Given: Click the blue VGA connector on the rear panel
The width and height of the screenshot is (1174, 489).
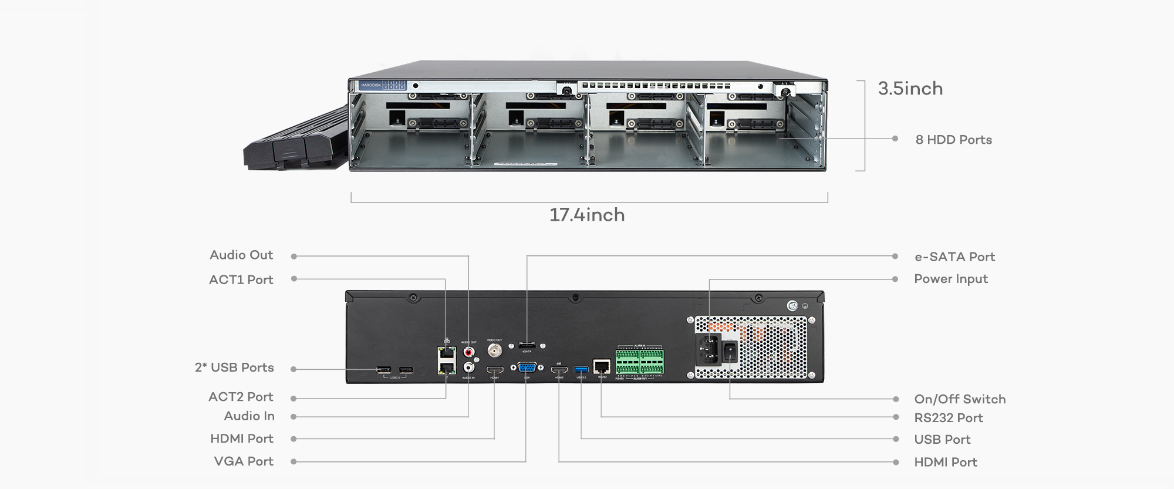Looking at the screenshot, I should tap(527, 368).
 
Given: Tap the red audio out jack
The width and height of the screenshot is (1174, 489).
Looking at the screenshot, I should tap(469, 352).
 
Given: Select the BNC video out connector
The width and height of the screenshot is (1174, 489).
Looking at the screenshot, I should tap(494, 351).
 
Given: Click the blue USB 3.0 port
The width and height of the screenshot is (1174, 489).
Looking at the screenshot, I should tap(581, 369).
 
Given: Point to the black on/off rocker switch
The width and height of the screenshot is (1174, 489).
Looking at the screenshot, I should tap(730, 352).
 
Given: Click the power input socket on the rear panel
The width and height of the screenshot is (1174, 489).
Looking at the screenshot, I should tap(709, 349).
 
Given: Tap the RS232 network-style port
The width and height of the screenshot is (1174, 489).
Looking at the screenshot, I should tap(602, 367).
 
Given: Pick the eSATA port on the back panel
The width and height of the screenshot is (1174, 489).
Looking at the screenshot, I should tap(527, 345).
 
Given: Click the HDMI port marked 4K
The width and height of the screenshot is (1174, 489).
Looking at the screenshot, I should tap(559, 369).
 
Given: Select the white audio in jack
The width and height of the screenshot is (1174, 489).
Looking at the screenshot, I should tap(469, 367).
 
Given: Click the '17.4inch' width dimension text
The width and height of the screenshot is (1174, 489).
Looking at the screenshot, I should tap(587, 215).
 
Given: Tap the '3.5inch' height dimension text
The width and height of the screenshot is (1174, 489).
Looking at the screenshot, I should tap(910, 89).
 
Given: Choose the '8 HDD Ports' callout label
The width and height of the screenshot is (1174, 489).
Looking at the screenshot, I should tap(953, 140).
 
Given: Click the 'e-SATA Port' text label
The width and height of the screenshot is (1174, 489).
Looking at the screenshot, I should tap(954, 257).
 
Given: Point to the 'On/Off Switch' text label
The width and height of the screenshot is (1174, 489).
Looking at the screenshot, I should tap(960, 399).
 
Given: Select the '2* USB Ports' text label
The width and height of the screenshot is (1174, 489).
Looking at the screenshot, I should tap(234, 367).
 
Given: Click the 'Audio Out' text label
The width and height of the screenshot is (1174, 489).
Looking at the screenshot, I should tap(241, 255).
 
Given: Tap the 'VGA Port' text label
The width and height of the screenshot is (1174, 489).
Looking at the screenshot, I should tap(244, 461).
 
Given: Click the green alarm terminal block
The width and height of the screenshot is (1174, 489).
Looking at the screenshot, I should tap(640, 362).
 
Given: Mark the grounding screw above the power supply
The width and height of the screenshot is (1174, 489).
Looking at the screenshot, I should tap(791, 306).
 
